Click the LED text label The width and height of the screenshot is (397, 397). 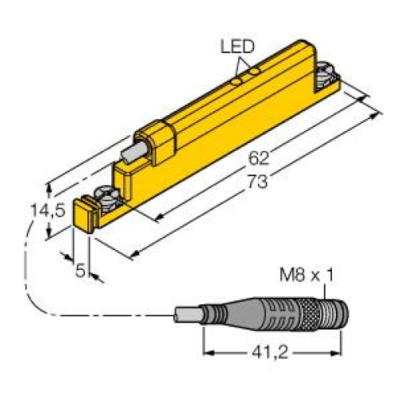click(x=236, y=47)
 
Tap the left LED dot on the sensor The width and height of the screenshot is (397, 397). click(x=236, y=79)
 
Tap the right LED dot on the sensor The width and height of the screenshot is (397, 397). click(x=252, y=72)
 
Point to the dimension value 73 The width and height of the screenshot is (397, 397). click(x=251, y=180)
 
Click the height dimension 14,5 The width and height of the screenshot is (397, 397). click(x=31, y=213)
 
